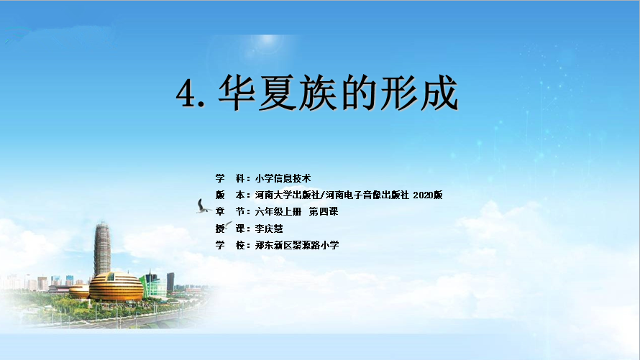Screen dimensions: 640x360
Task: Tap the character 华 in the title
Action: [x=237, y=93]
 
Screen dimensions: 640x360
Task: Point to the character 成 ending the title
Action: [x=439, y=93]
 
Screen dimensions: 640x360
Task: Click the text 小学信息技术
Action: [x=283, y=178]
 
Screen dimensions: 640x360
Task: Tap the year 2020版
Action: [x=427, y=195]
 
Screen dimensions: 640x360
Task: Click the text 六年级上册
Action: [x=278, y=211]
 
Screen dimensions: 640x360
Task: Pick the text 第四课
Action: [x=324, y=211]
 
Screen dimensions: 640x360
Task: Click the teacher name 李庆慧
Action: [x=269, y=229]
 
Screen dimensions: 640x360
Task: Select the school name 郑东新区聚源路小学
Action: [x=297, y=245]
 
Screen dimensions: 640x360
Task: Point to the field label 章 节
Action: [x=230, y=211]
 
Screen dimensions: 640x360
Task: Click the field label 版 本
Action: [x=230, y=195]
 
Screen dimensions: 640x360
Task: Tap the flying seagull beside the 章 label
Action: [x=203, y=206]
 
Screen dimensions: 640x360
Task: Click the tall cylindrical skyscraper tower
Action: [x=102, y=249]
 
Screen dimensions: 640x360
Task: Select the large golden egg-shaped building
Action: [x=116, y=287]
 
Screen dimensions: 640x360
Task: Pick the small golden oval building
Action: [x=79, y=292]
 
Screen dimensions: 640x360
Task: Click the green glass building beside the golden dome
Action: [x=153, y=285]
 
